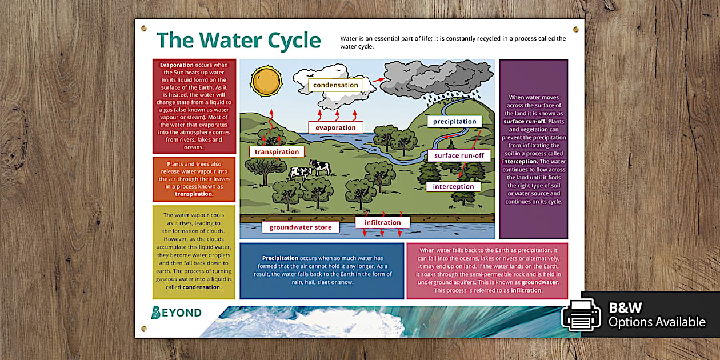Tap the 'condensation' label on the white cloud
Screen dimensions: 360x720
(x=335, y=85)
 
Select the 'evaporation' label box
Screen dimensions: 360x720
(x=335, y=127)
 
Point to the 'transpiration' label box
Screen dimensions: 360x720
(x=277, y=151)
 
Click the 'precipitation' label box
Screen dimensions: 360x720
(x=454, y=121)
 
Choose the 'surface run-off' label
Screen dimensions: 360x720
(x=458, y=155)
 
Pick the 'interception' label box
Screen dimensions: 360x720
(x=453, y=186)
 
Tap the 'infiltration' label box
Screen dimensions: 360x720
(x=382, y=222)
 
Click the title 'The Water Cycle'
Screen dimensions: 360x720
(x=239, y=41)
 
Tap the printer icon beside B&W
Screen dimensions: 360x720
(x=581, y=314)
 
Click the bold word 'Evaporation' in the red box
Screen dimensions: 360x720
(x=177, y=65)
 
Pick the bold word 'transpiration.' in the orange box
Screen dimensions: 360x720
(x=194, y=194)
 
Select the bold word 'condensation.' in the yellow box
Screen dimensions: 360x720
(x=202, y=287)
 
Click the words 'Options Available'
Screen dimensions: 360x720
(x=657, y=322)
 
